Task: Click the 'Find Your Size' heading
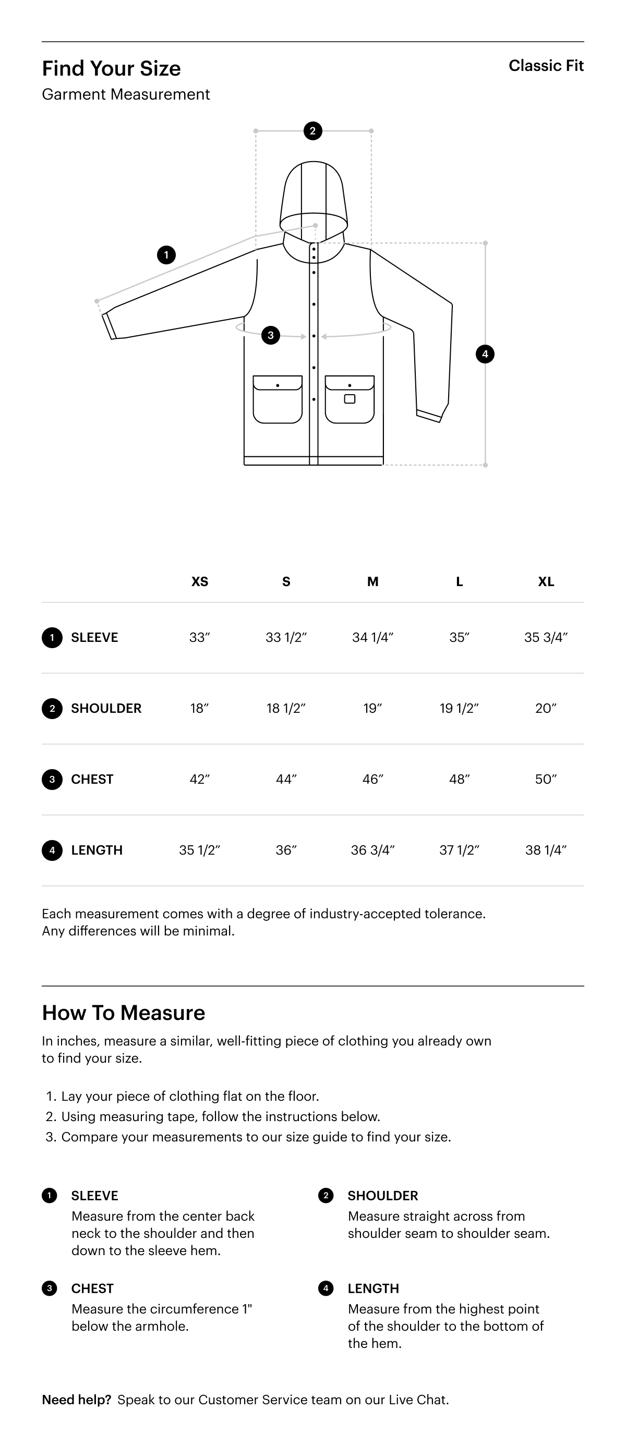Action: [x=111, y=68]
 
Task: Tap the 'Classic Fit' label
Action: [x=546, y=66]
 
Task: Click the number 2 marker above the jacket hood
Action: [x=312, y=131]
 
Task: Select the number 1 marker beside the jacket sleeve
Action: [x=166, y=255]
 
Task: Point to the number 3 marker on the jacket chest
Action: [x=271, y=335]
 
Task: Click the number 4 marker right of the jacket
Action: [x=485, y=354]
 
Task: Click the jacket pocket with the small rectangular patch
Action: [x=350, y=399]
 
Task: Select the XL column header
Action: [x=546, y=581]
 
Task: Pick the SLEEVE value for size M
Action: [x=372, y=638]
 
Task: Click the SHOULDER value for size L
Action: [x=459, y=708]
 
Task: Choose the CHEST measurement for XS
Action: [x=199, y=779]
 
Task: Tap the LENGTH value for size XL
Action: [x=546, y=850]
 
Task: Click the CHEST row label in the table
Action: [x=92, y=779]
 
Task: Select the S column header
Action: [x=286, y=581]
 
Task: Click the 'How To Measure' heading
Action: [x=124, y=1013]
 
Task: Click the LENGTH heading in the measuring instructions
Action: [x=373, y=1288]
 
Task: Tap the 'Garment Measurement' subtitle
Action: [x=126, y=94]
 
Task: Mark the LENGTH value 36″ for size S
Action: [x=286, y=850]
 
